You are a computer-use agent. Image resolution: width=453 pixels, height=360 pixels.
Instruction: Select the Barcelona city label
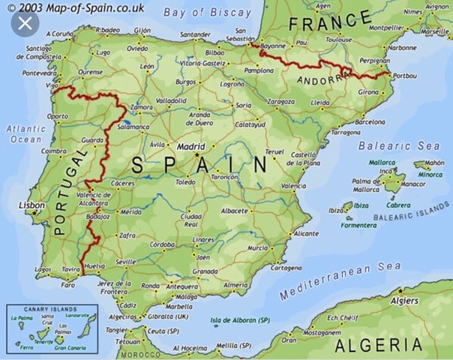click(x=369, y=121)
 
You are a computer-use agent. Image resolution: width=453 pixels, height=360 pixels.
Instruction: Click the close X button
click(x=25, y=23)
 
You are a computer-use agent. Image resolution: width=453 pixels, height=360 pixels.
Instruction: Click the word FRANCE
click(x=330, y=22)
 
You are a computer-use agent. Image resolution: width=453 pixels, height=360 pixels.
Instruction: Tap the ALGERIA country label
click(x=378, y=345)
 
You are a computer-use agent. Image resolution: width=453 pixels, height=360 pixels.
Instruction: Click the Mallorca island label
click(x=382, y=162)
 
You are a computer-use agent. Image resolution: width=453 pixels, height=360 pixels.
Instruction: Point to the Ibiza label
click(x=361, y=205)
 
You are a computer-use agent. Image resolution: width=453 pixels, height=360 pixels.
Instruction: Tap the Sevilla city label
click(x=126, y=262)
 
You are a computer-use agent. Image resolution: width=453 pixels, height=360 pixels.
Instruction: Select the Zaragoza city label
click(x=280, y=100)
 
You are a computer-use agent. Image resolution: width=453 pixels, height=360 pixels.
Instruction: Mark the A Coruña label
click(x=59, y=34)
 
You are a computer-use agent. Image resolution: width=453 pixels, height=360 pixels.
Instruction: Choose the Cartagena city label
click(x=286, y=267)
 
